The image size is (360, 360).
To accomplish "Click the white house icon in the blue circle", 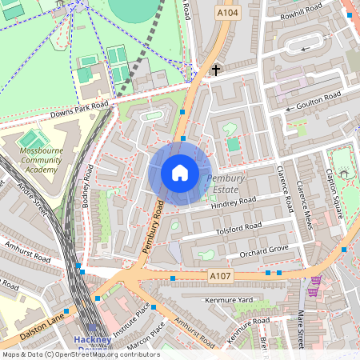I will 180,173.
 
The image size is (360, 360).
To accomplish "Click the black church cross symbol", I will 215,70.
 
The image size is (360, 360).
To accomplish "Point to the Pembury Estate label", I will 227,183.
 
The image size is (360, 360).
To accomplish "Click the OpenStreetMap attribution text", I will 80,354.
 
